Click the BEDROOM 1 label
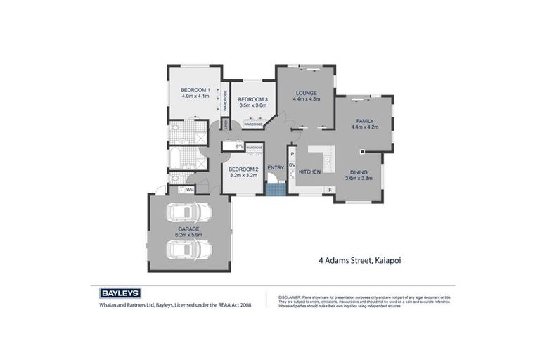tap(195, 90)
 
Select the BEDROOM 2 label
tap(243, 169)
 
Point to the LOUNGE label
tap(306, 93)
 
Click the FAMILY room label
tap(365, 121)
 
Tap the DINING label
tap(365, 172)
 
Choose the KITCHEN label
tap(309, 172)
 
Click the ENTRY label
tap(276, 167)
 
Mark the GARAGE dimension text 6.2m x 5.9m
tap(188, 236)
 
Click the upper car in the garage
tap(188, 212)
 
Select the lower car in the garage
tap(188, 250)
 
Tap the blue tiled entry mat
tap(276, 188)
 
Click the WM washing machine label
tap(190, 190)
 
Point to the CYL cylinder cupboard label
tap(229, 146)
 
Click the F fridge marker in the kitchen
tap(329, 190)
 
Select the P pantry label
tap(291, 153)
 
